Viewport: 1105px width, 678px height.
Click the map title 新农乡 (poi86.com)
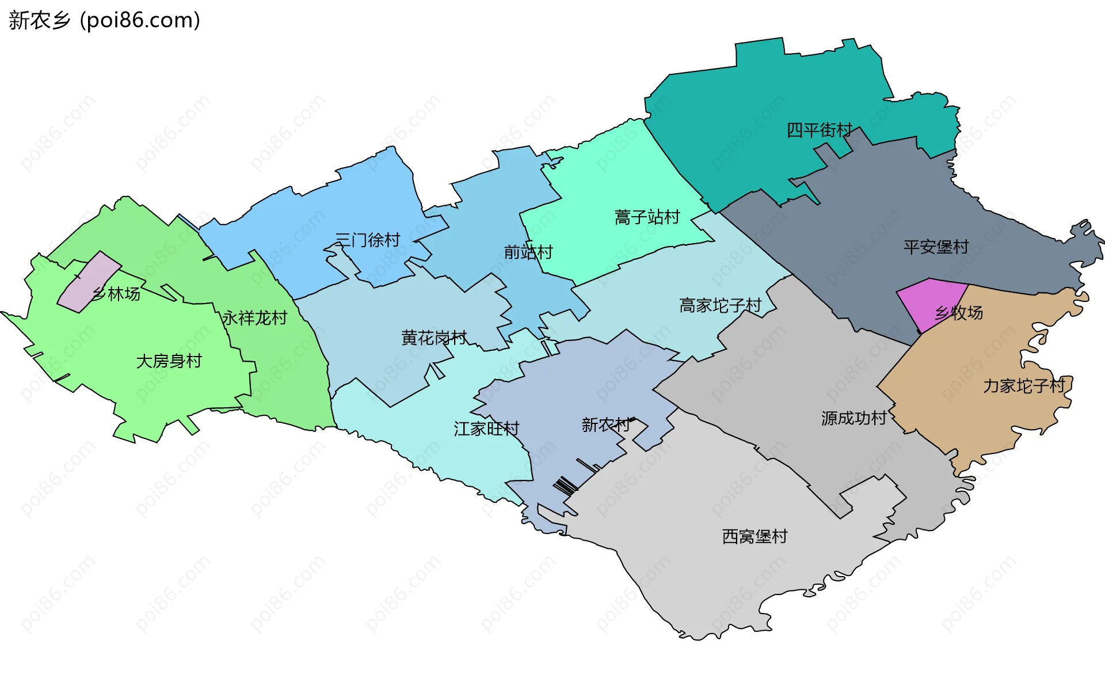[x=104, y=20]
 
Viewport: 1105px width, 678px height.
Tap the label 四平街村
[x=819, y=130]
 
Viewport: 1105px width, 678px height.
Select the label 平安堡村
[x=936, y=247]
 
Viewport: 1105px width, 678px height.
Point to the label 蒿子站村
[x=647, y=217]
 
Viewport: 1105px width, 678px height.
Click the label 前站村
[x=528, y=252]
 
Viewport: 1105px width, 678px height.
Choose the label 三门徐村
[x=367, y=240]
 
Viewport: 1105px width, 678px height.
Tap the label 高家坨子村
[x=720, y=305]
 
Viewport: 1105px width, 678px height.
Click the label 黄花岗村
[x=433, y=338]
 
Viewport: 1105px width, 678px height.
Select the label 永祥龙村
[x=254, y=318]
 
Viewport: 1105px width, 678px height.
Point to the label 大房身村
[x=169, y=361]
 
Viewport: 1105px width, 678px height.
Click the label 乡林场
[x=116, y=294]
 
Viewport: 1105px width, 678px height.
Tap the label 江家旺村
[x=486, y=429]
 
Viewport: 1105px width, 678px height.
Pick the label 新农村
[x=605, y=425]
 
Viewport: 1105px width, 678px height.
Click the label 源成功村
[x=853, y=418]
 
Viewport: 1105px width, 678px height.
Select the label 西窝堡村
[x=755, y=536]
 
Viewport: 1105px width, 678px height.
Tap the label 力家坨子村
[x=1024, y=386]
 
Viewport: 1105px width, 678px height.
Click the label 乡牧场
[x=959, y=313]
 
